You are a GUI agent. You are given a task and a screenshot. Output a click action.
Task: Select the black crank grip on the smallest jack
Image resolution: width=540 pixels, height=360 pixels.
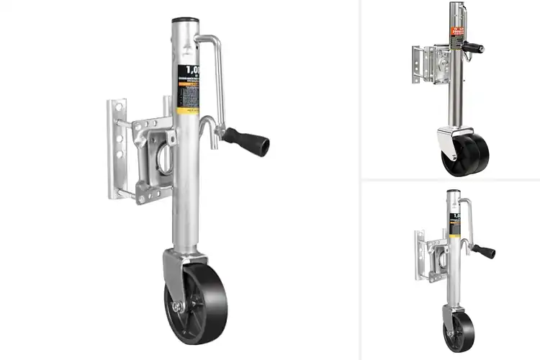point(485,251)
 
